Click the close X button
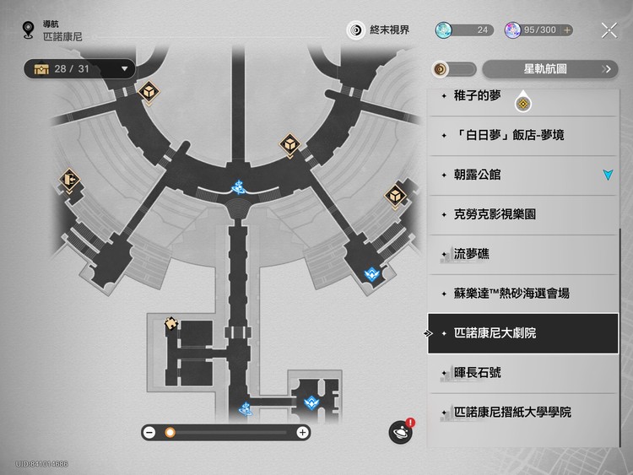point(609,30)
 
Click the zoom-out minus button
point(149,432)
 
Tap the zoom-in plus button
point(302,432)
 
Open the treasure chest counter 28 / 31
point(80,68)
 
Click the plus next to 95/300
point(567,30)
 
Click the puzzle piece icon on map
point(171,322)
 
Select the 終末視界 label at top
point(389,30)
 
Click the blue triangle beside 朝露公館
point(608,175)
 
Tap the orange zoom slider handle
point(170,432)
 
